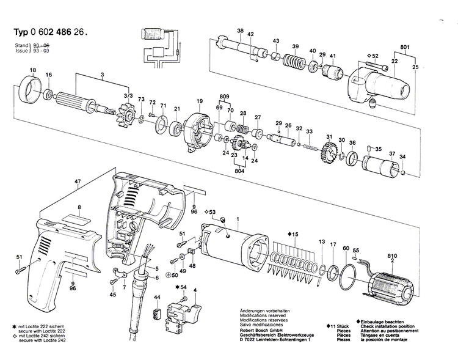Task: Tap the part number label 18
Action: (33, 71)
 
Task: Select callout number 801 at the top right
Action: (404, 46)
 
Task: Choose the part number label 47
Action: (78, 182)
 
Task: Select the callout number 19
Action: (199, 100)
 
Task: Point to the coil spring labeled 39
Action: (295, 62)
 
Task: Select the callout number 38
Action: (240, 31)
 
